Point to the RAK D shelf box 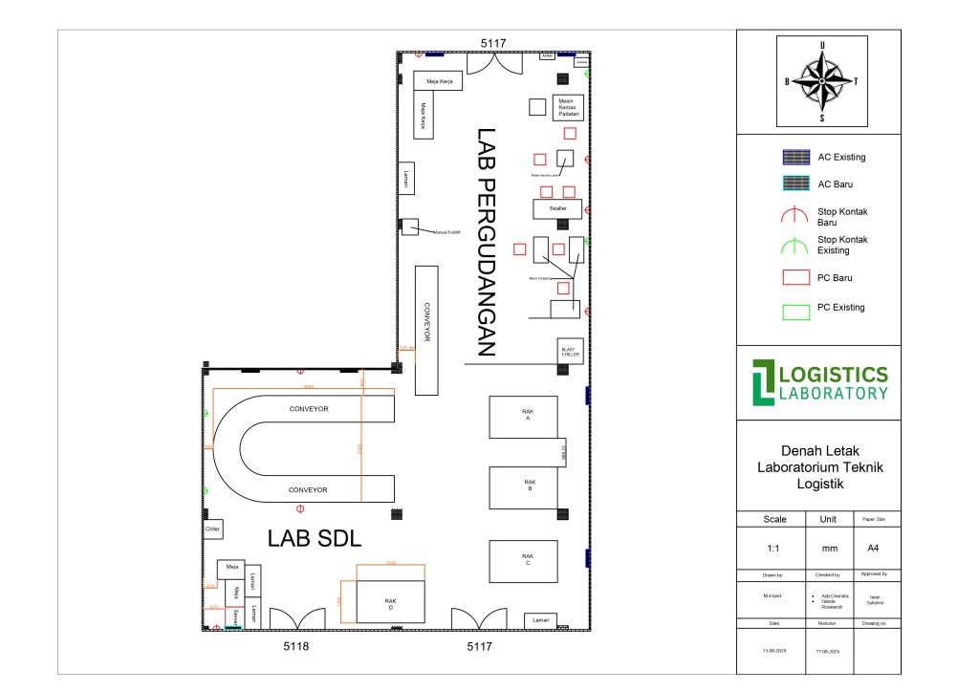391,602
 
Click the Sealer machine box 557,208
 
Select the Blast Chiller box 570,351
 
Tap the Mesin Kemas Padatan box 569,107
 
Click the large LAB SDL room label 315,539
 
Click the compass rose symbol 821,81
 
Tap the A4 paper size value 872,549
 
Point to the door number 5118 296,647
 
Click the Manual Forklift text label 447,232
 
